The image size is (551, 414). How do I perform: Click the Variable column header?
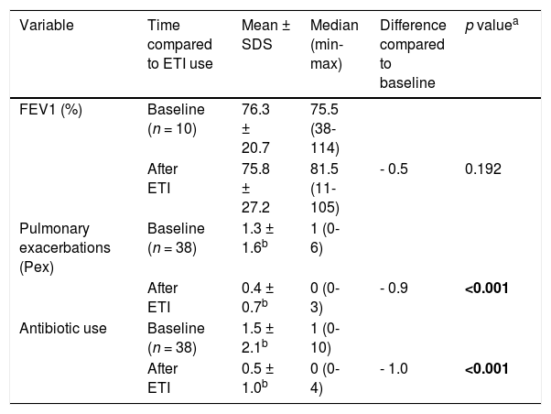[47, 26]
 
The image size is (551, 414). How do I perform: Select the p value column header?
[492, 26]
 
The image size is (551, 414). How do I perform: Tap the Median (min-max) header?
[334, 44]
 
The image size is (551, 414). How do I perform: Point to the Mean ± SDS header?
[265, 35]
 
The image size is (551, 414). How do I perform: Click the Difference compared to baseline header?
[413, 54]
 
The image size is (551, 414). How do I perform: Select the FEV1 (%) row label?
[50, 110]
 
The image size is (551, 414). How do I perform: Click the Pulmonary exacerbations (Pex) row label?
[65, 247]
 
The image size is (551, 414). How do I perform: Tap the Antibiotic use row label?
[63, 329]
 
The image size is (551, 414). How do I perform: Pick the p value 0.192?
[483, 169]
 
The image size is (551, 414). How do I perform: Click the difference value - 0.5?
[394, 169]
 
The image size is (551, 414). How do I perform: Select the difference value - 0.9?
[394, 289]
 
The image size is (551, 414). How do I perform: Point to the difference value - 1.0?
[394, 368]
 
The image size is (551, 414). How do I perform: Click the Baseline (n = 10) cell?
[176, 119]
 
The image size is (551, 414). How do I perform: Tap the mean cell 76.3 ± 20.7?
[255, 129]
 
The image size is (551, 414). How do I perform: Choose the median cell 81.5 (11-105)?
[325, 188]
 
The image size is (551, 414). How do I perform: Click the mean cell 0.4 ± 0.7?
[257, 298]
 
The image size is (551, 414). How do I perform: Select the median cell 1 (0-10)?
[325, 338]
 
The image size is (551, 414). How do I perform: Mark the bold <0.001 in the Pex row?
[486, 289]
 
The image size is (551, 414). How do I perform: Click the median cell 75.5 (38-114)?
[325, 129]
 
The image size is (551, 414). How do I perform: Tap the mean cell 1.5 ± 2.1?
[257, 338]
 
